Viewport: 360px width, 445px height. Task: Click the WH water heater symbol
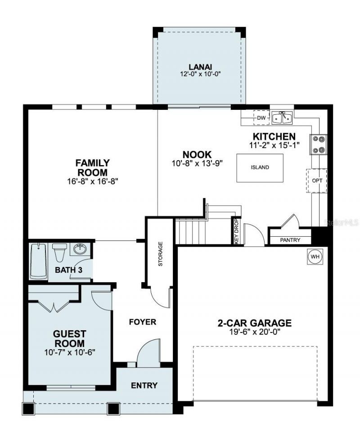click(x=315, y=256)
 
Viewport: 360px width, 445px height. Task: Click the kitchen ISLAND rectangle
click(x=261, y=167)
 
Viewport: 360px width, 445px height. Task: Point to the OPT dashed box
click(x=317, y=180)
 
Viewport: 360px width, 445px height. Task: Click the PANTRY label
click(x=290, y=240)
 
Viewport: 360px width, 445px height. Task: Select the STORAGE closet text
click(x=160, y=254)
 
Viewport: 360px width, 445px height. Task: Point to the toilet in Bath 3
click(x=59, y=252)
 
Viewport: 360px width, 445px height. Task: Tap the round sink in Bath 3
click(x=80, y=249)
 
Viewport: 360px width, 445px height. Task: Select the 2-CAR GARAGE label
click(x=254, y=323)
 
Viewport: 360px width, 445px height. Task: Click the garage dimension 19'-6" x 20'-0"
click(x=254, y=332)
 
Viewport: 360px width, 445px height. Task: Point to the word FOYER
click(x=142, y=322)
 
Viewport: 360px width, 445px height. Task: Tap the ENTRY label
click(x=144, y=385)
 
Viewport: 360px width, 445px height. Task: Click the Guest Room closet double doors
click(x=54, y=306)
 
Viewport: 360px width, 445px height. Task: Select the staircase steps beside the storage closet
click(x=188, y=231)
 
